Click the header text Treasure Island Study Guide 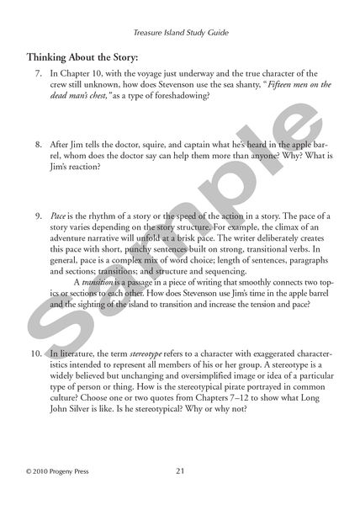tap(181, 34)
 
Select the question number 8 tap(38, 146)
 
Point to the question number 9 tap(38, 216)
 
